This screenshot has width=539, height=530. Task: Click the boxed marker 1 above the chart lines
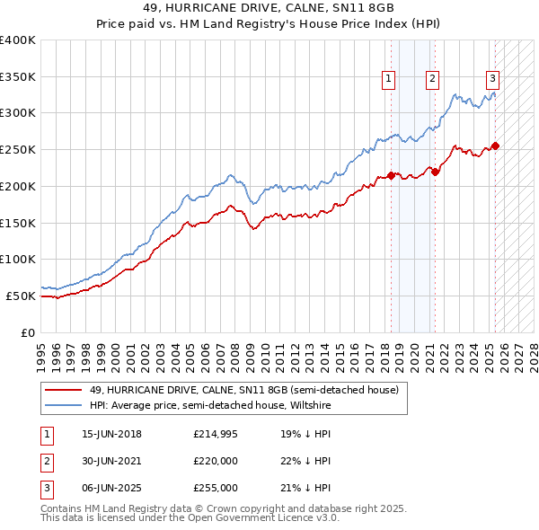pyautogui.click(x=389, y=79)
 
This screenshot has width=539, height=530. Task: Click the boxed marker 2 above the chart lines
pyautogui.click(x=433, y=79)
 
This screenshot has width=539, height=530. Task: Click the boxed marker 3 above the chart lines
pyautogui.click(x=493, y=79)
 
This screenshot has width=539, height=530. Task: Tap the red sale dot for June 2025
pyautogui.click(x=495, y=146)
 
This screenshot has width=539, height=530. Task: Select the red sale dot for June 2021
pyautogui.click(x=435, y=171)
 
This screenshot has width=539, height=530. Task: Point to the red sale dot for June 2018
pyautogui.click(x=391, y=174)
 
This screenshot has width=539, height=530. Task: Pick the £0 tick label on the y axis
pyautogui.click(x=28, y=332)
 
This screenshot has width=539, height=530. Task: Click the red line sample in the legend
pyautogui.click(x=63, y=390)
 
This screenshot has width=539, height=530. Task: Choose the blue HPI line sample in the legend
pyautogui.click(x=63, y=405)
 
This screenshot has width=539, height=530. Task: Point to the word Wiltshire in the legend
pyautogui.click(x=308, y=405)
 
